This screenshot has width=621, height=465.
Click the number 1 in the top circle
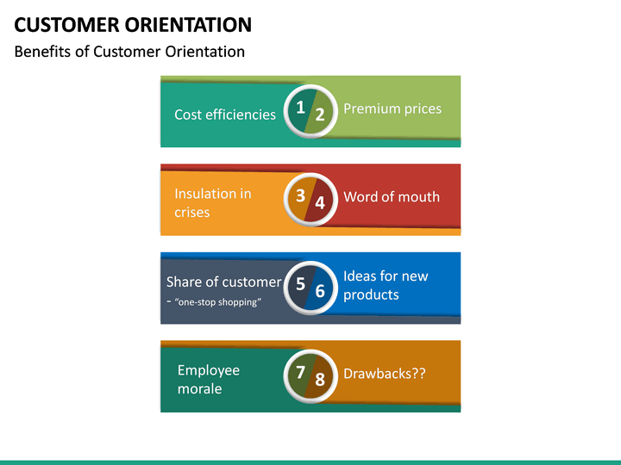pos(299,107)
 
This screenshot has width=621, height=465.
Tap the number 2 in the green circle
pos(319,115)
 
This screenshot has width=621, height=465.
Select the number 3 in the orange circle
pos(299,195)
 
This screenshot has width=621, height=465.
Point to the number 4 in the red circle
pos(319,203)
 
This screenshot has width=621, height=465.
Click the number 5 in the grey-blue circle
pos(299,282)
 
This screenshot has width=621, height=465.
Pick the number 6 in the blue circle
pos(319,291)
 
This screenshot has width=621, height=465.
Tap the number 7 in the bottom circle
pos(299,372)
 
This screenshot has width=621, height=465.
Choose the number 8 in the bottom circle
pos(319,379)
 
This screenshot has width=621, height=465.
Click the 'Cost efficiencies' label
pos(225,115)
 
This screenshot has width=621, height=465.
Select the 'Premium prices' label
pos(392,108)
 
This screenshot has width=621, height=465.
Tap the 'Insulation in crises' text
pos(212,203)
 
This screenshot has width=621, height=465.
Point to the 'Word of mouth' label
pos(392,197)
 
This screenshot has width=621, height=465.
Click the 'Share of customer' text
pos(223,282)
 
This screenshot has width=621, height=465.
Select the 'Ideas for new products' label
pos(386,285)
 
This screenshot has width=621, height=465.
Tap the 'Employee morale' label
pos(209,379)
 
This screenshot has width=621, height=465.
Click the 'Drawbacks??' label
pos(385,374)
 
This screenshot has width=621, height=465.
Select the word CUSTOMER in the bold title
pos(63,24)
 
